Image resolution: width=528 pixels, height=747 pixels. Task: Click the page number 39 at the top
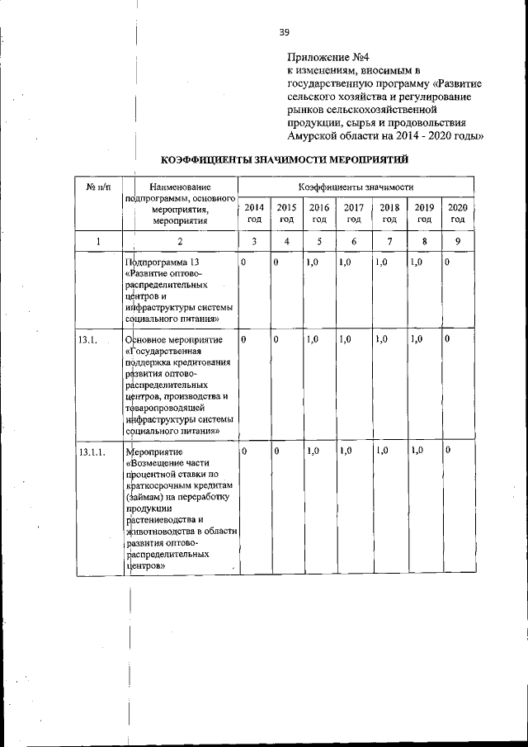(x=284, y=32)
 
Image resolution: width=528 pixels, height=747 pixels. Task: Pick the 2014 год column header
(x=254, y=213)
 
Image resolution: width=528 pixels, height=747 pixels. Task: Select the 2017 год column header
(x=354, y=213)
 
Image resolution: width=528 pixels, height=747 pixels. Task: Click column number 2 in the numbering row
(x=180, y=241)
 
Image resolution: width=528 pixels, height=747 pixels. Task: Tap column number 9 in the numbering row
(x=458, y=241)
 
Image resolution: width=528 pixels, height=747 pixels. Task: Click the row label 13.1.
(x=87, y=340)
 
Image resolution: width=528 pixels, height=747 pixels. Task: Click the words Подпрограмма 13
(x=163, y=262)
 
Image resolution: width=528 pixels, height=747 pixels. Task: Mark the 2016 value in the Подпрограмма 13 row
(x=312, y=262)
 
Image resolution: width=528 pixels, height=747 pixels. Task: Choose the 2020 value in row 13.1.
(x=447, y=339)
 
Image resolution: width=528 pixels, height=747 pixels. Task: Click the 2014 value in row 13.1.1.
(x=244, y=451)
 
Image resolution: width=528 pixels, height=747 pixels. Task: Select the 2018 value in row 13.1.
(x=381, y=339)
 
